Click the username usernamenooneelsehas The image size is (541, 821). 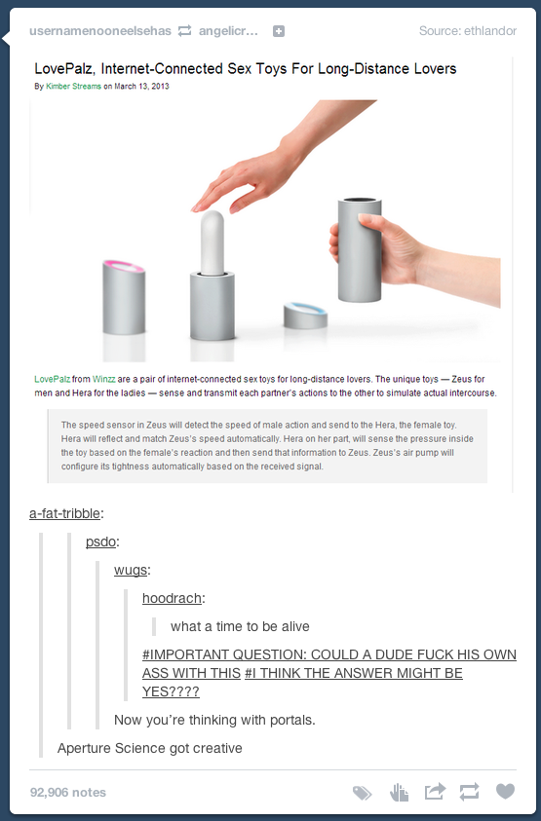pyautogui.click(x=100, y=31)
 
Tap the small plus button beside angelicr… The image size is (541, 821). pyautogui.click(x=279, y=31)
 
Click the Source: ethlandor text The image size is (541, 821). pyautogui.click(x=468, y=31)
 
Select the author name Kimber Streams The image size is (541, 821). pyautogui.click(x=73, y=87)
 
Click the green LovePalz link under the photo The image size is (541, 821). pyautogui.click(x=52, y=379)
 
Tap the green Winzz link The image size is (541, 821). pyautogui.click(x=103, y=379)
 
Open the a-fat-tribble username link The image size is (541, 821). pyautogui.click(x=64, y=513)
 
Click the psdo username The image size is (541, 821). pyautogui.click(x=100, y=541)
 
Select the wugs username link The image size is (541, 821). pyautogui.click(x=131, y=570)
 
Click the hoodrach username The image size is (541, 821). pyautogui.click(x=172, y=598)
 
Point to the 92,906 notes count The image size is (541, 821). pyautogui.click(x=68, y=792)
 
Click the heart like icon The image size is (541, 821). pyautogui.click(x=505, y=791)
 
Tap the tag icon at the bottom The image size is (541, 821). pyautogui.click(x=362, y=793)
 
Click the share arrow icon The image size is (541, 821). pyautogui.click(x=435, y=791)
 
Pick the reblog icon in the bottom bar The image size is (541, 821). pyautogui.click(x=469, y=792)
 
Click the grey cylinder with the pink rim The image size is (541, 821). pyautogui.click(x=124, y=297)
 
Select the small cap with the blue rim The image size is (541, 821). pyautogui.click(x=306, y=316)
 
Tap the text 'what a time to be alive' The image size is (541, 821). pyautogui.click(x=240, y=626)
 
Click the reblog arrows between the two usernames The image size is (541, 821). pyautogui.click(x=184, y=31)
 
